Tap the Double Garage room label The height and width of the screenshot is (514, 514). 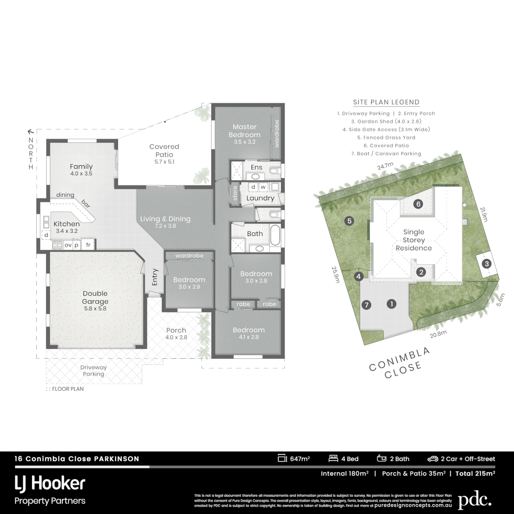95,297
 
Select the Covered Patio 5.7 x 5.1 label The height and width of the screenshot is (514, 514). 164,150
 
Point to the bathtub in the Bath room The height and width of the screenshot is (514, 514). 275,236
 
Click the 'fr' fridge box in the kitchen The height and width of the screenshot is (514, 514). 88,245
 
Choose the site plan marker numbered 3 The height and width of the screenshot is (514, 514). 486,264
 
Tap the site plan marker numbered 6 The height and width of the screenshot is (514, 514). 418,204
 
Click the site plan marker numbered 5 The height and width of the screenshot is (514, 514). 349,221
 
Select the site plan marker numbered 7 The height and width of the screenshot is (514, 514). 366,305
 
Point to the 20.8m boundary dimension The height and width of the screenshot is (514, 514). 438,333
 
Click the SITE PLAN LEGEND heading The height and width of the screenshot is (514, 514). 386,102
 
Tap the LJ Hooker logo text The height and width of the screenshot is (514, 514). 50,484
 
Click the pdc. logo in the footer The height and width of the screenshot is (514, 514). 474,501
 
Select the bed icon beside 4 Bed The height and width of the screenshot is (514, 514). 333,459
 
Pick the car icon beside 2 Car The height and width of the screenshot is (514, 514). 433,459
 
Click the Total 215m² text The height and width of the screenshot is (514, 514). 475,474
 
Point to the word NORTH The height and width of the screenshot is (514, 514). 31,153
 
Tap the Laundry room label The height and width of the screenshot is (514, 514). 260,198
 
